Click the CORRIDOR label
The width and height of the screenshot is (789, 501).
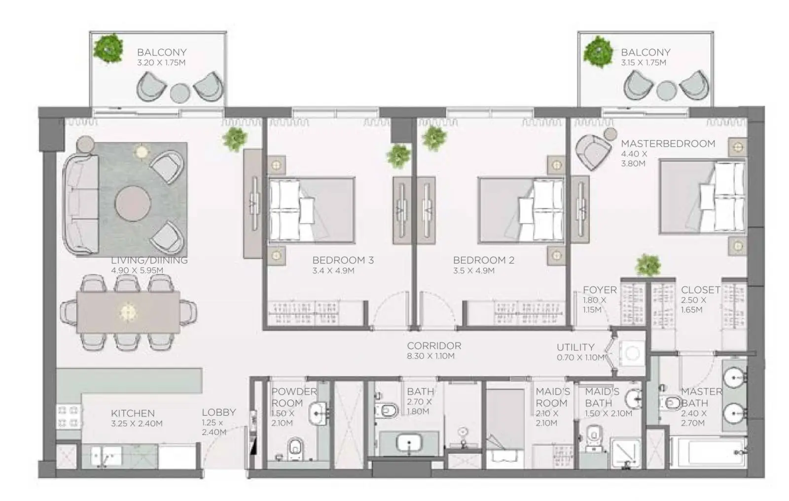pos(434,346)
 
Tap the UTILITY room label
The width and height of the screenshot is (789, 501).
pos(575,347)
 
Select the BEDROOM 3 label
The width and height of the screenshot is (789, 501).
pos(343,260)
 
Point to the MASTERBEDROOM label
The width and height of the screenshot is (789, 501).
pos(668,143)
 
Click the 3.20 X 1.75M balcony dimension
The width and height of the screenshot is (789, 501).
pos(161,63)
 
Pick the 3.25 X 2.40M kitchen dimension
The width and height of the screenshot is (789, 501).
pos(137,424)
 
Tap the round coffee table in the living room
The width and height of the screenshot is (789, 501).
pos(133,203)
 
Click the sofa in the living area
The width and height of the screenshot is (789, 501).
pos(80,204)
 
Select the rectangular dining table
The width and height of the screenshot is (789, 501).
pos(128,312)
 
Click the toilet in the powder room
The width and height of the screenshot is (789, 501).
pos(295,448)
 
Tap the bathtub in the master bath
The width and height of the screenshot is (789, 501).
pos(708,452)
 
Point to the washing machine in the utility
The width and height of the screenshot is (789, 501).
pos(632,353)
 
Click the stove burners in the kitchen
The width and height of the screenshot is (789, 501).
pos(69,417)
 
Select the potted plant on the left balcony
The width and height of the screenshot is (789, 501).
pos(108,48)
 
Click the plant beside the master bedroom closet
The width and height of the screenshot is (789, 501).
pos(648,265)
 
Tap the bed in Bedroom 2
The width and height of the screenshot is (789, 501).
pos(521,210)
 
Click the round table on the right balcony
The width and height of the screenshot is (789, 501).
pos(666,91)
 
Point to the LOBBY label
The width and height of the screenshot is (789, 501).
pos(219,412)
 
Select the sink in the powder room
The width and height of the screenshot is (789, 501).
pos(318,414)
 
